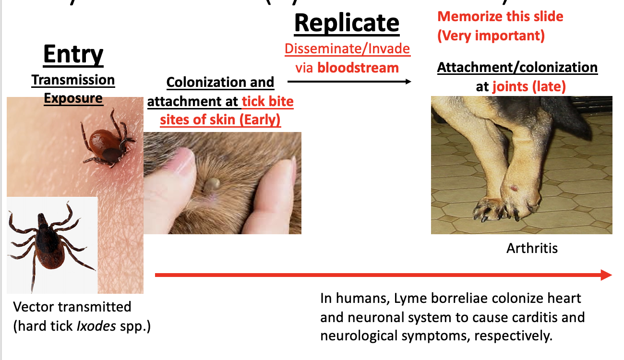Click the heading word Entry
point(73,54)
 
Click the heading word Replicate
point(347,23)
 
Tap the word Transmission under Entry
point(73,80)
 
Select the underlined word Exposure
point(73,98)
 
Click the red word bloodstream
point(358,68)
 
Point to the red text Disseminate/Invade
point(347,49)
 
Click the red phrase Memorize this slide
point(501,17)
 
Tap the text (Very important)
point(491,36)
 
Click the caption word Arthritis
point(532,248)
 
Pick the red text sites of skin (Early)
point(220,119)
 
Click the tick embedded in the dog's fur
point(212,183)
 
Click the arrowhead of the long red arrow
point(606,275)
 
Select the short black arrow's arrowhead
point(408,82)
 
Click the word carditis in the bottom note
point(535,317)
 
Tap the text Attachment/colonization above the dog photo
point(517,68)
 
